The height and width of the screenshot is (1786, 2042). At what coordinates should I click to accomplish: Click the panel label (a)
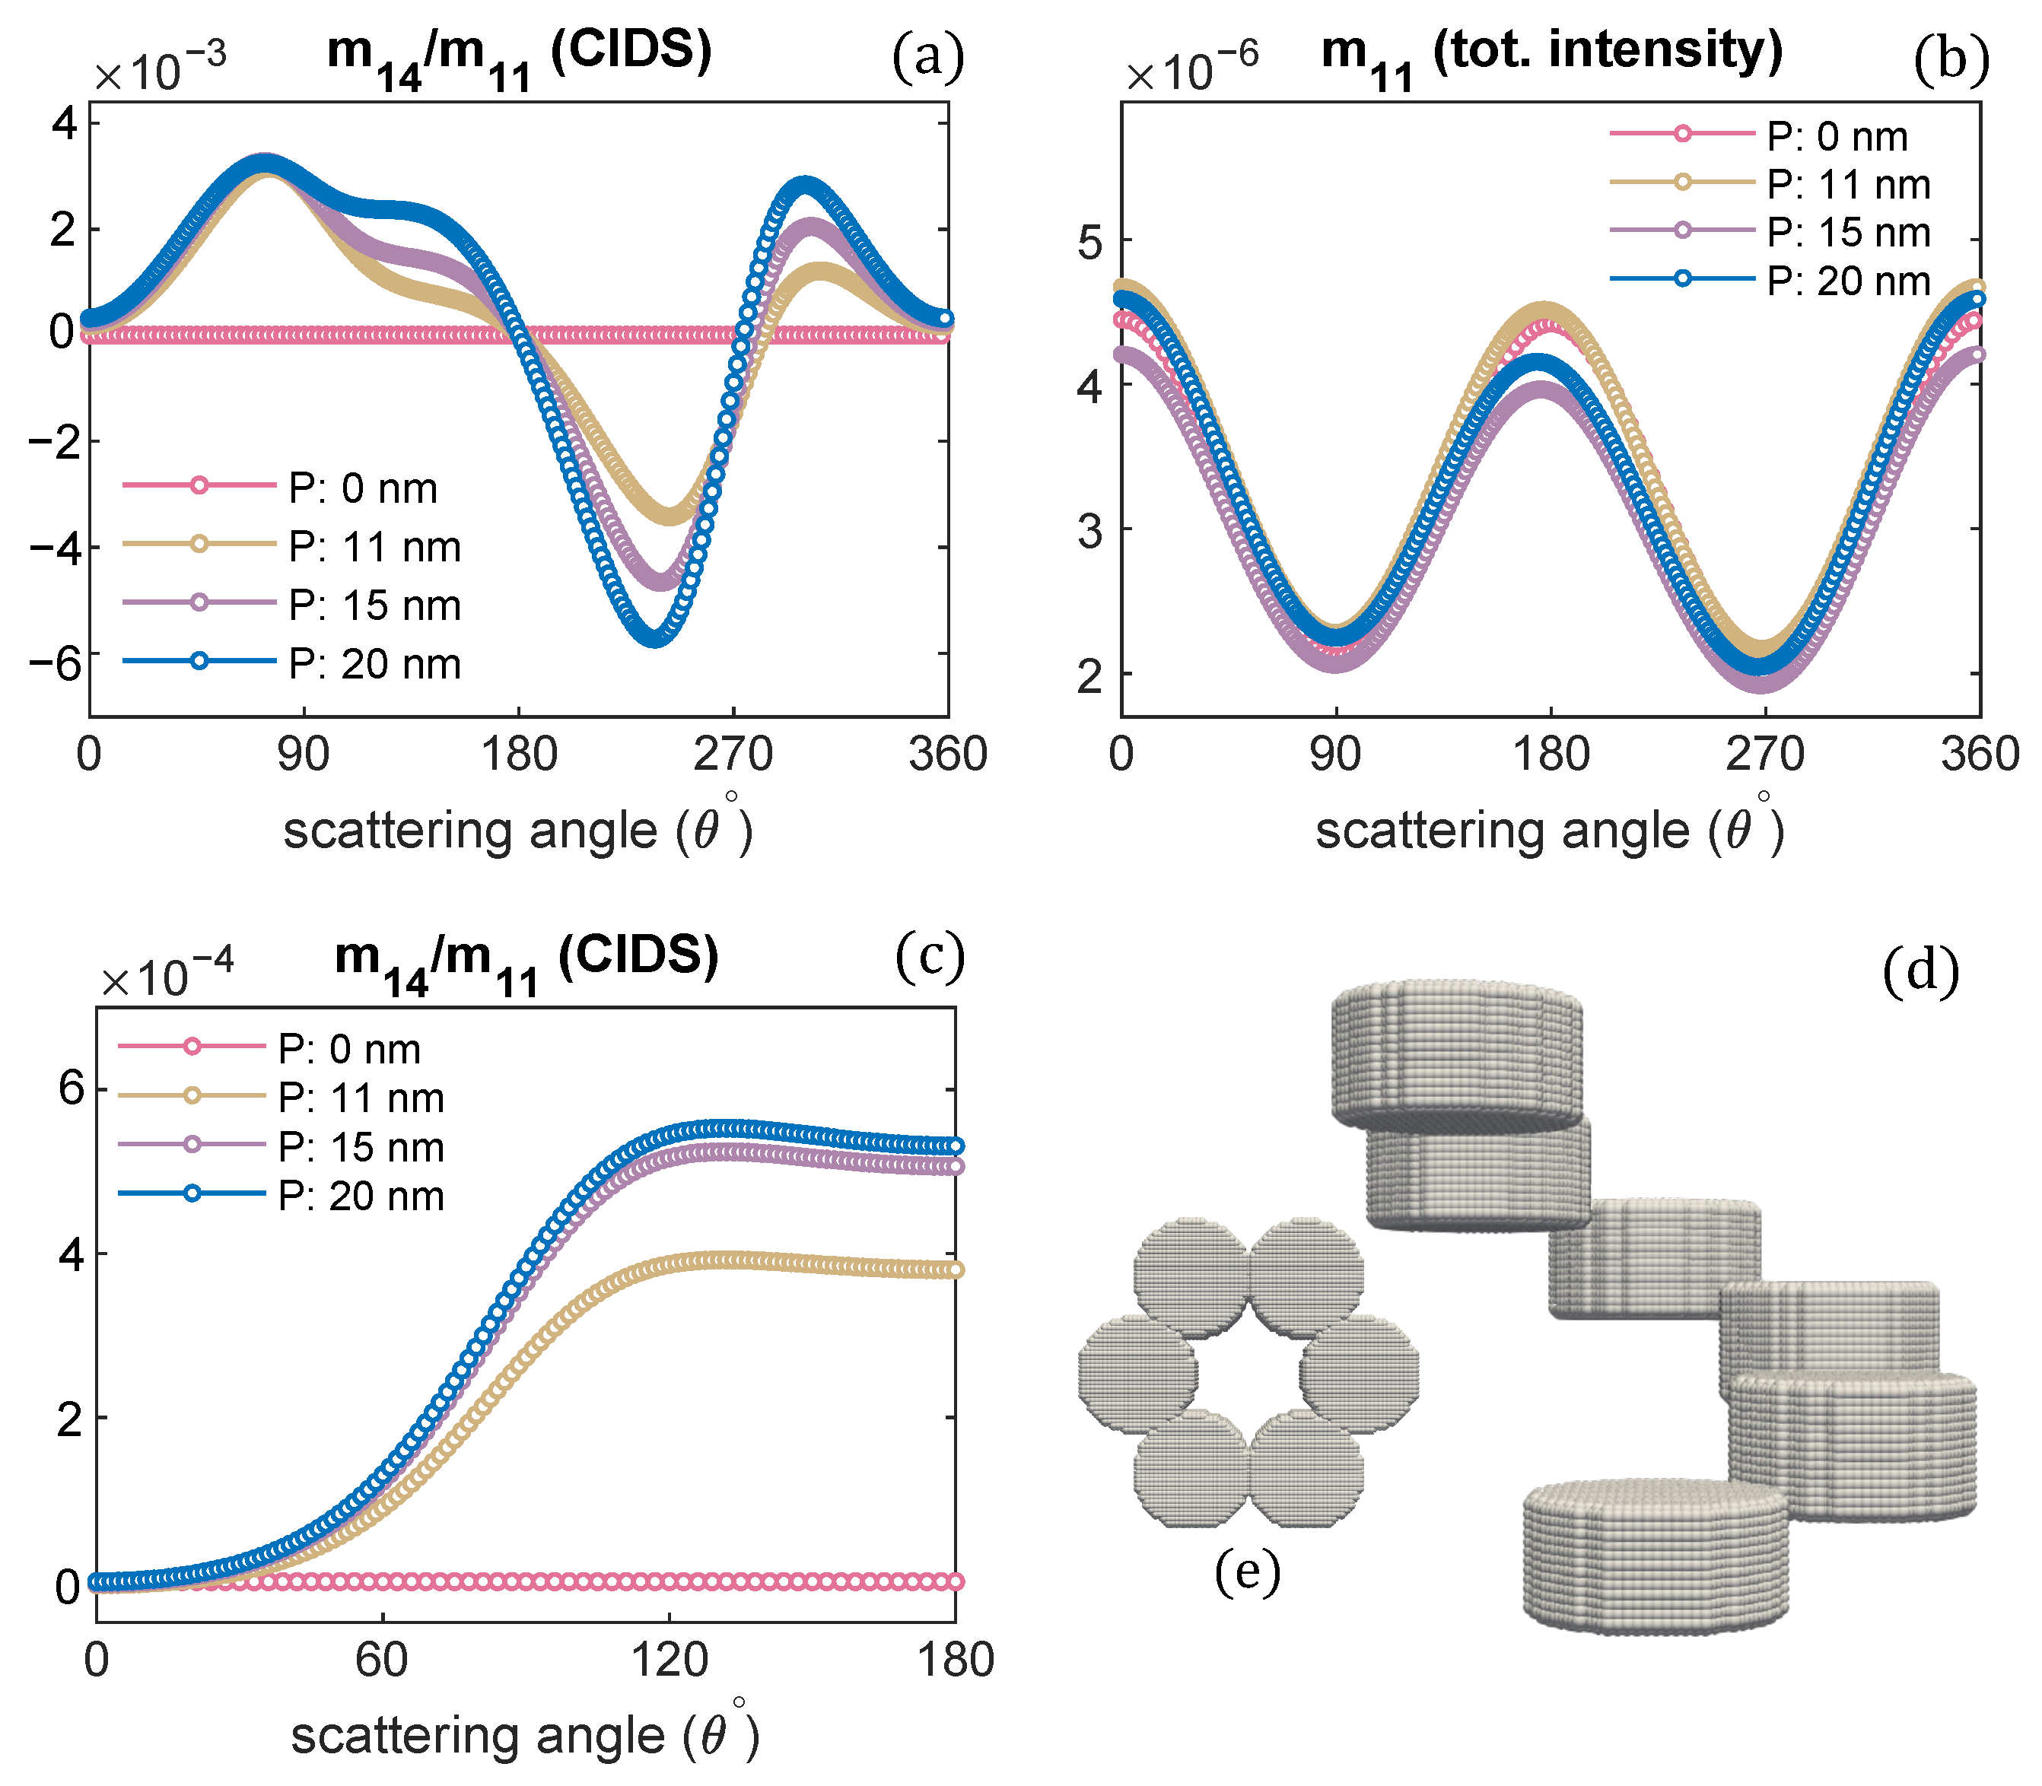pos(927,57)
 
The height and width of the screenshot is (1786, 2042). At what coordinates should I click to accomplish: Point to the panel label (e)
pos(1247,1571)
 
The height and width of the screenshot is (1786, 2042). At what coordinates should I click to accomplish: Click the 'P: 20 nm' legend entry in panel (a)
pos(374,664)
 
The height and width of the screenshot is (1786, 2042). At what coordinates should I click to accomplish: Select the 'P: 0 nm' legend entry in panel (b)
pos(1837,135)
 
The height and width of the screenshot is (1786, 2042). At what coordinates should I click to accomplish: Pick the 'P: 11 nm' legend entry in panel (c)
pos(361,1098)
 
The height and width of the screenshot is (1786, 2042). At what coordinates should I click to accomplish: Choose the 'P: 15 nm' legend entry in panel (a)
pos(374,605)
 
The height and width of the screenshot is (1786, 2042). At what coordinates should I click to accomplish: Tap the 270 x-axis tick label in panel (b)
pos(1764,755)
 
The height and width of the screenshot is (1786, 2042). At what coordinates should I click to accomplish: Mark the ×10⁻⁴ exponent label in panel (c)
pos(167,974)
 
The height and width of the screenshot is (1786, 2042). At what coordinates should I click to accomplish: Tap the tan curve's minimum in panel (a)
pos(670,514)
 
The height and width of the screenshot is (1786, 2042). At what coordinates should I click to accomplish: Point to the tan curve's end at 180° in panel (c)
pos(954,1270)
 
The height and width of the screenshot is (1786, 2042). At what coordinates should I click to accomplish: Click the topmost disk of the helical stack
pos(1456,1051)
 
